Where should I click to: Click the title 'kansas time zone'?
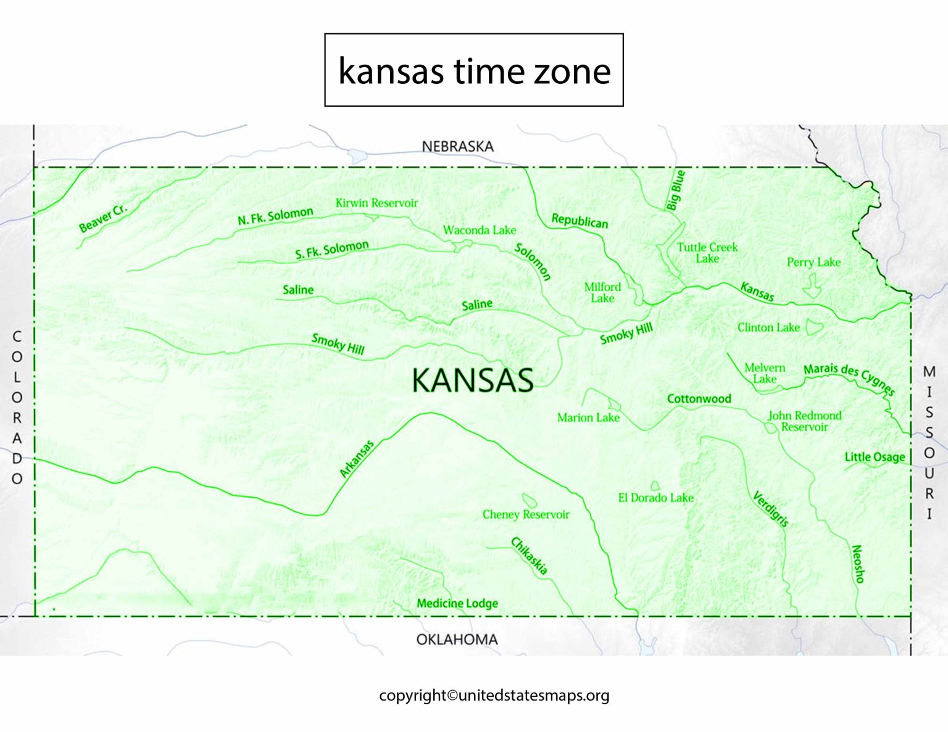[474, 70]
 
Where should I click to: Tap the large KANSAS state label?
[473, 380]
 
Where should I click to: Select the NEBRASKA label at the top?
[457, 146]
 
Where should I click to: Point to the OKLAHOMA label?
[457, 639]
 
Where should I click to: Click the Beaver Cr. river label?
[102, 217]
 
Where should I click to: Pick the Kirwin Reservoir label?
[376, 203]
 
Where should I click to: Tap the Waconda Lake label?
[479, 230]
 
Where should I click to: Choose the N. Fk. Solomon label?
[275, 216]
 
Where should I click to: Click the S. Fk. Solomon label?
[331, 250]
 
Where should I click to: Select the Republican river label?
[580, 221]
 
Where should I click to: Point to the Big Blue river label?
[676, 190]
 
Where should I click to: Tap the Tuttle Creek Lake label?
[707, 252]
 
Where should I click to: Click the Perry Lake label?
[813, 262]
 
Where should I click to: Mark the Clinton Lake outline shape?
[814, 327]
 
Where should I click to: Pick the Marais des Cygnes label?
[849, 378]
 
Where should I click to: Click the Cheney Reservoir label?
[526, 514]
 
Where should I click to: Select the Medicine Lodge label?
[457, 603]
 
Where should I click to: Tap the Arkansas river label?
[357, 458]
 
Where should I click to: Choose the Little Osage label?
[875, 457]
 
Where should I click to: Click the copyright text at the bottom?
[494, 695]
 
